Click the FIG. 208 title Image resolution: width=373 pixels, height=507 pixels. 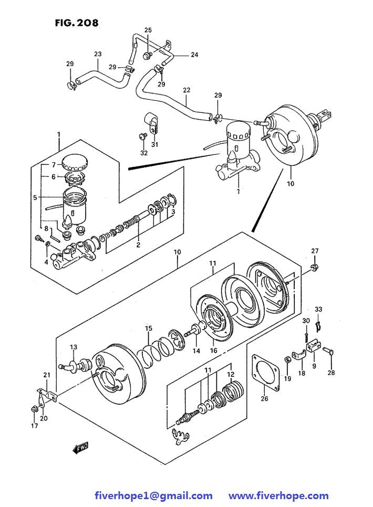coord(76,23)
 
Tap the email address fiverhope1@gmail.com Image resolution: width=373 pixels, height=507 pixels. coord(153,495)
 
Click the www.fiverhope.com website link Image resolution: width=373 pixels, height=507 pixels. coord(278,495)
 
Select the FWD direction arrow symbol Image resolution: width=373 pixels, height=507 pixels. coord(81,448)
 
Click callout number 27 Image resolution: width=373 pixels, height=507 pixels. coord(315,251)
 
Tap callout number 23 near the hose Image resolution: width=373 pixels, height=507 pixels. coord(98,54)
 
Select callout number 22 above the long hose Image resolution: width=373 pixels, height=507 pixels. coord(186,90)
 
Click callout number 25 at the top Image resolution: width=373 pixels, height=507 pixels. coord(148,30)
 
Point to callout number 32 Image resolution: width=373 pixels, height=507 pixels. coord(144,153)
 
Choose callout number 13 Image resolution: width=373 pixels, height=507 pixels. coord(74,347)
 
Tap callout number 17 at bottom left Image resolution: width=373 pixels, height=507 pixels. coord(34,426)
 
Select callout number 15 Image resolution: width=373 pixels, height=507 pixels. coord(149,329)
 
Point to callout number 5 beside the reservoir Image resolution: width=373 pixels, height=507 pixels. coord(35,198)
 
